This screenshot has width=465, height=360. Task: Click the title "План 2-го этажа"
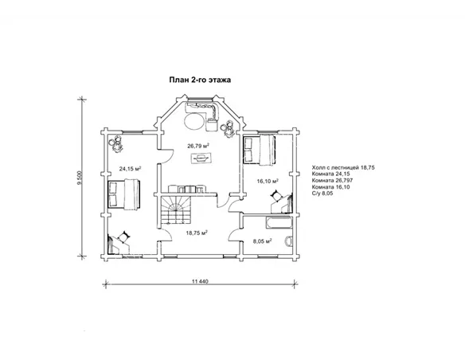[x=200, y=80]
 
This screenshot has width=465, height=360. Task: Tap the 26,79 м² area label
[x=198, y=146]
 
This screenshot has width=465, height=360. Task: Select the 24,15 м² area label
[x=130, y=169]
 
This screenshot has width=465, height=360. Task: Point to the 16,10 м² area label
[x=268, y=181]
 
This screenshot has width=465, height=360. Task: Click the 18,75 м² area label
[x=197, y=233]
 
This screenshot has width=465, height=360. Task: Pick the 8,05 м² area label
[x=263, y=241]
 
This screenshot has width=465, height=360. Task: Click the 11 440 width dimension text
[x=200, y=281]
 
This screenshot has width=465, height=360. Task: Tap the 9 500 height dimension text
[x=79, y=178]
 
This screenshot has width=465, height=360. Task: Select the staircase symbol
[x=176, y=211]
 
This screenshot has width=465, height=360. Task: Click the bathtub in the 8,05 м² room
[x=279, y=223]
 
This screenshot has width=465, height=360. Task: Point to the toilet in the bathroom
[x=288, y=241]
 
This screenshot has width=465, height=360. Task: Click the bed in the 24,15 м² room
[x=123, y=194]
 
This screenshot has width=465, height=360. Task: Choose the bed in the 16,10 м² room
[x=260, y=150]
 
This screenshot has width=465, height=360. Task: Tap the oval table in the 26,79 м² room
[x=195, y=121]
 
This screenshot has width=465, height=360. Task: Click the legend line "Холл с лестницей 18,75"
[x=343, y=167]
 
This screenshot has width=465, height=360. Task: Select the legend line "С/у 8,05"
[x=322, y=194]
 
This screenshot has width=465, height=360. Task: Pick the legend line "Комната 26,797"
[x=332, y=180]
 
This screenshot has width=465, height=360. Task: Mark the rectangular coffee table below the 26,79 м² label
[x=201, y=158]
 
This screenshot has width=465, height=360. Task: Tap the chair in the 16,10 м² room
[x=276, y=196]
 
